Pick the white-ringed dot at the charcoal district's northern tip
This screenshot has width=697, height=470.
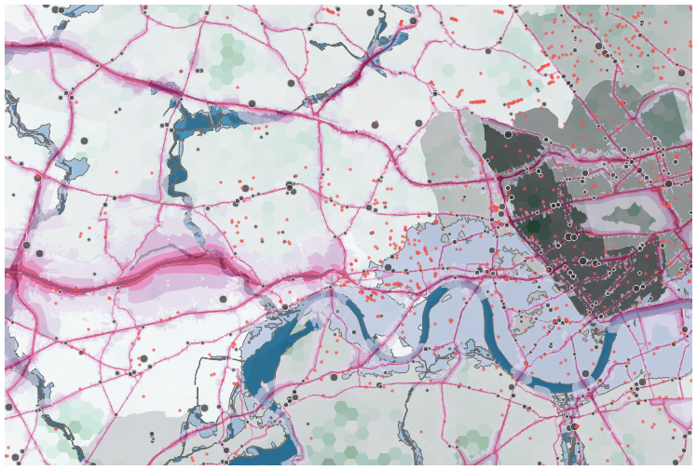508,134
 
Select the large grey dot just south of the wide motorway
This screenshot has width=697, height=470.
225,299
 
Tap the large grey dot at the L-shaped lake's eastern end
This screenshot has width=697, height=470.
244,188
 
